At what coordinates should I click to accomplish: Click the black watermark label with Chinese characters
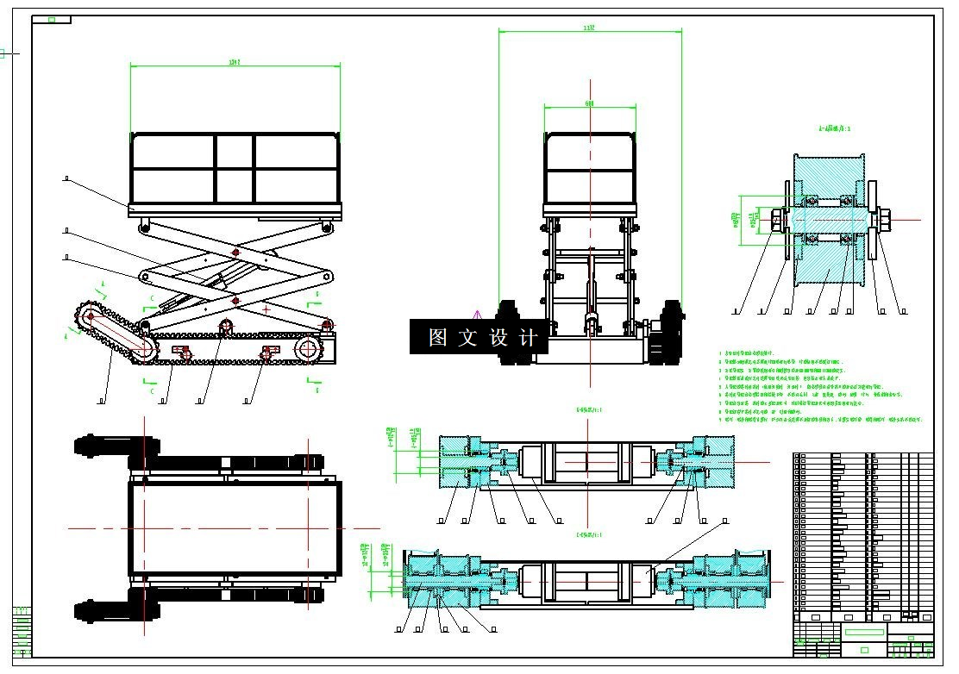click(479, 337)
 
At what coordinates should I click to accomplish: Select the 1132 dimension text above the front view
click(590, 28)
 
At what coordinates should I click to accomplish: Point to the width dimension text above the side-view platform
click(234, 62)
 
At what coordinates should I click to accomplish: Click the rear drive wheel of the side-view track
click(307, 349)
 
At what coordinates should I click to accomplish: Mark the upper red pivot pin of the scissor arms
click(235, 252)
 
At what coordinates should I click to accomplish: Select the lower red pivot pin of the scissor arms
click(235, 299)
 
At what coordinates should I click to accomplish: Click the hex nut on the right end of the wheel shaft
click(885, 220)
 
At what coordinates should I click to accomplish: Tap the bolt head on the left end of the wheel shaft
click(775, 221)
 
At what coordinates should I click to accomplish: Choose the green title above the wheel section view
click(835, 128)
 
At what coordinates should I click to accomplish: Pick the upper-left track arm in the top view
click(116, 446)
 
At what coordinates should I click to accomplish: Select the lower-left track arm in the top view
click(116, 611)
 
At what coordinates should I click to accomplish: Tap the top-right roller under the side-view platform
click(327, 227)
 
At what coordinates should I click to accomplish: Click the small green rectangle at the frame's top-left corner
click(52, 19)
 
